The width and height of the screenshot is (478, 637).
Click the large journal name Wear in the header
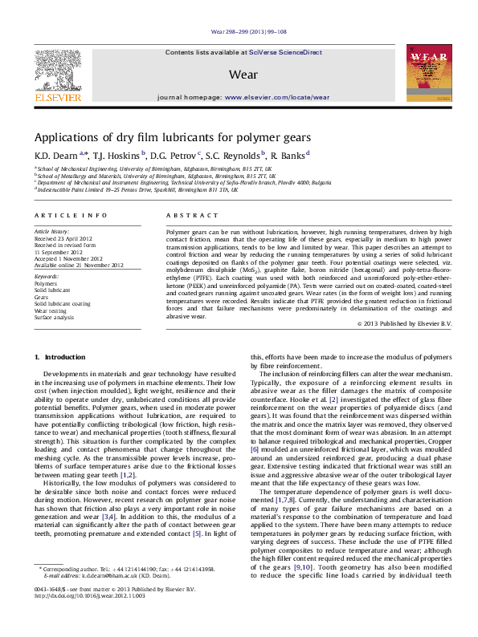click(243, 74)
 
